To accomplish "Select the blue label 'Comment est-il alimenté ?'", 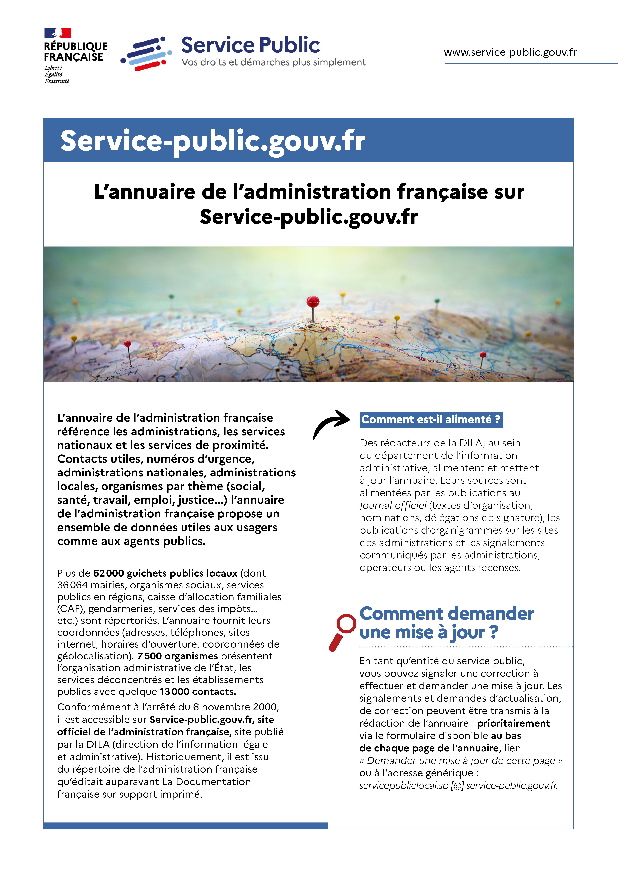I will pyautogui.click(x=431, y=419).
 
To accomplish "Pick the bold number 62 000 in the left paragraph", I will pyautogui.click(x=109, y=573).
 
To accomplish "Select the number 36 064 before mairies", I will pyautogui.click(x=72, y=585).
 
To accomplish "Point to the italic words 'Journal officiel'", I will pyautogui.click(x=393, y=506).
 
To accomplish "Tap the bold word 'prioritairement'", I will pyautogui.click(x=513, y=723).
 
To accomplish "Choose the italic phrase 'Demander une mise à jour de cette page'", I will pyautogui.click(x=461, y=761).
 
